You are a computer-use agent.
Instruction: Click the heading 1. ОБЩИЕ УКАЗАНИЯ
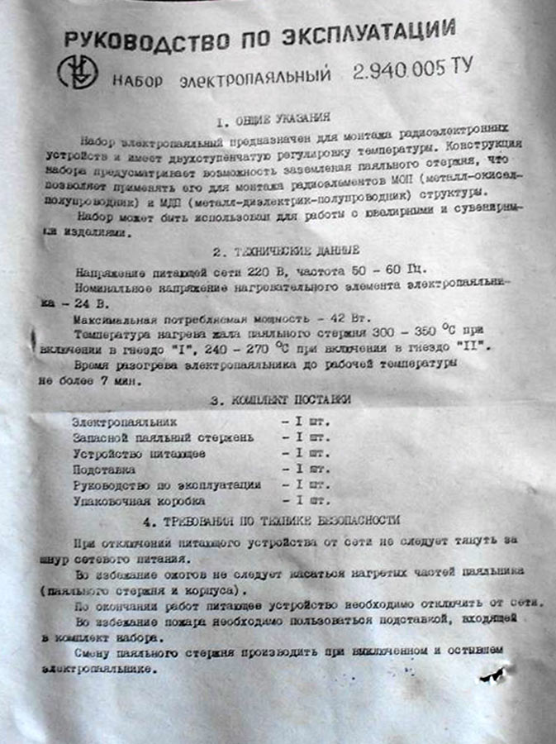[x=273, y=118]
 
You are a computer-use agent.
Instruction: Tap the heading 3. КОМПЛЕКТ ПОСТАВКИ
[x=280, y=399]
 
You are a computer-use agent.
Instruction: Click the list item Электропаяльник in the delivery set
[x=124, y=422]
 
